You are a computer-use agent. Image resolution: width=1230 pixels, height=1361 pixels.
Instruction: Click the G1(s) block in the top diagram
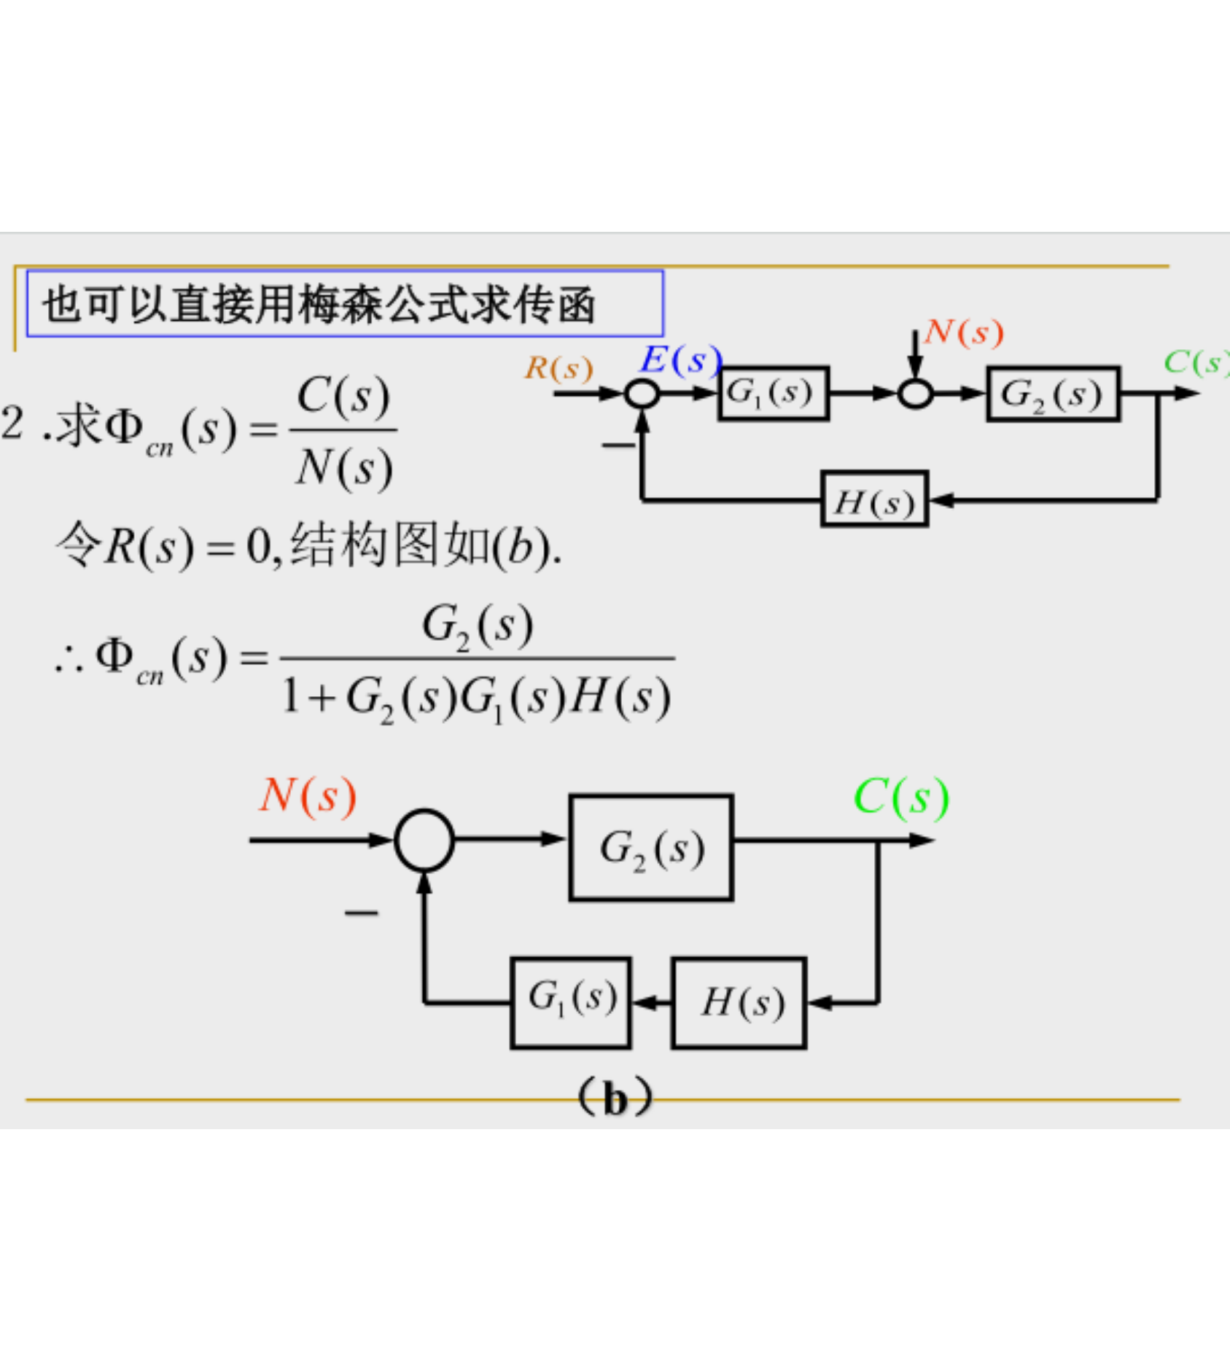click(x=773, y=394)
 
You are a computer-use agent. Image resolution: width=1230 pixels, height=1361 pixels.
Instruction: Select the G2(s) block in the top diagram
click(x=1052, y=394)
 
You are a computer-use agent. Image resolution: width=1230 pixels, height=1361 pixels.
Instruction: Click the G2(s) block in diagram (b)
click(x=651, y=848)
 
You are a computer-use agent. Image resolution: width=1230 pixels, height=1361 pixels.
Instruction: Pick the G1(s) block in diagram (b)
click(x=571, y=1002)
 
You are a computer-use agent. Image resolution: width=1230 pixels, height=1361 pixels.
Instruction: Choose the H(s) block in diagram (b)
click(x=739, y=1002)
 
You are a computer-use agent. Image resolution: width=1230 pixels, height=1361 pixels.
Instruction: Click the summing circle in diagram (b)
click(x=424, y=841)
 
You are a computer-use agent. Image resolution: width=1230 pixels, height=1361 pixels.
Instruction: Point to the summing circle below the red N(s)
click(x=915, y=394)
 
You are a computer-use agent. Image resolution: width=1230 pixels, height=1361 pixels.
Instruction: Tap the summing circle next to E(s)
click(x=642, y=394)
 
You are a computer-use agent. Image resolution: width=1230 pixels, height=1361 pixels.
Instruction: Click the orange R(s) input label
click(x=558, y=368)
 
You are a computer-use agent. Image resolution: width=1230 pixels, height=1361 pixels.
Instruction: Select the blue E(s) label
click(x=680, y=360)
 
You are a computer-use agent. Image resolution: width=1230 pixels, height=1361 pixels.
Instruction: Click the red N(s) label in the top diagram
click(x=964, y=332)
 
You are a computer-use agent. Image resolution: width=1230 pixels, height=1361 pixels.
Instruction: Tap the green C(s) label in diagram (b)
click(x=901, y=797)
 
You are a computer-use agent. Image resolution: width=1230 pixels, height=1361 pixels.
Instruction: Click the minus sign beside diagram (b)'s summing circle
click(x=362, y=912)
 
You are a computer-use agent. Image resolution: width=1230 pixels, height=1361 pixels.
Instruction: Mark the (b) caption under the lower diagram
click(x=615, y=1098)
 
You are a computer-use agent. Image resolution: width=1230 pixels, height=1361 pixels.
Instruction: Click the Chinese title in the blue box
click(x=319, y=303)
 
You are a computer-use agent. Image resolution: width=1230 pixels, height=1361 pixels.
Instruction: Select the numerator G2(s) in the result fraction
click(x=478, y=626)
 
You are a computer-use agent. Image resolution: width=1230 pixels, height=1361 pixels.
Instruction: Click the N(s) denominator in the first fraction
click(x=344, y=467)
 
